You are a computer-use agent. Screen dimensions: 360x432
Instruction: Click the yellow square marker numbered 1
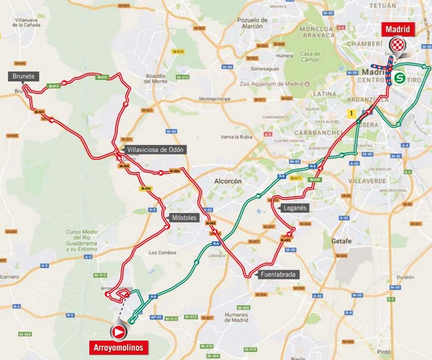pyautogui.click(x=352, y=114)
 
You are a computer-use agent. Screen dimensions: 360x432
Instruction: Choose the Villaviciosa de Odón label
pyautogui.click(x=155, y=149)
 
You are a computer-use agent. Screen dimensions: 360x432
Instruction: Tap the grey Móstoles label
pyautogui.click(x=183, y=217)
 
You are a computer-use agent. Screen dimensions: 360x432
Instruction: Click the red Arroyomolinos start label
pyautogui.click(x=118, y=347)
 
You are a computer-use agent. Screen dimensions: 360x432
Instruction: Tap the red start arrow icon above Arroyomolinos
pyautogui.click(x=119, y=331)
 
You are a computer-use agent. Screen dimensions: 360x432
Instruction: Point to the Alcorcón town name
pyautogui.click(x=228, y=182)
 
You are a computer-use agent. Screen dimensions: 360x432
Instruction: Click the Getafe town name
pyautogui.click(x=341, y=241)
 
